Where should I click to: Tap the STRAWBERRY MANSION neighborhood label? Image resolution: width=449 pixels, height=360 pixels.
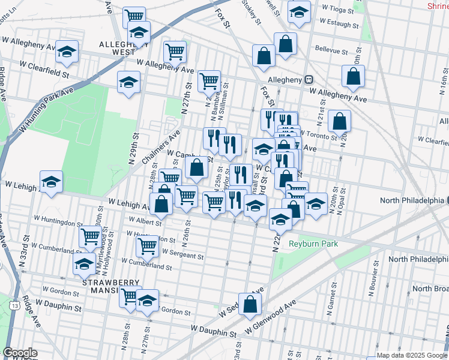tap(111, 287)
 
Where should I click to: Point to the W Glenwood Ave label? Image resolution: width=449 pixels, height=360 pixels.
tap(271, 318)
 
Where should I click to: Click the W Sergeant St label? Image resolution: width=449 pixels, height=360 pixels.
tap(182, 255)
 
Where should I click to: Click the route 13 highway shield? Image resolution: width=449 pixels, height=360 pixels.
tap(13, 307)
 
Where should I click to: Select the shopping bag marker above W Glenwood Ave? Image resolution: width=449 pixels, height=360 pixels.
tap(250, 303)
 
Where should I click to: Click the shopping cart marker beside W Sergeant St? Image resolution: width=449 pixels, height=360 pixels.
tap(148, 244)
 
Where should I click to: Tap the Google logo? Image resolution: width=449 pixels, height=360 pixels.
tap(20, 353)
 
